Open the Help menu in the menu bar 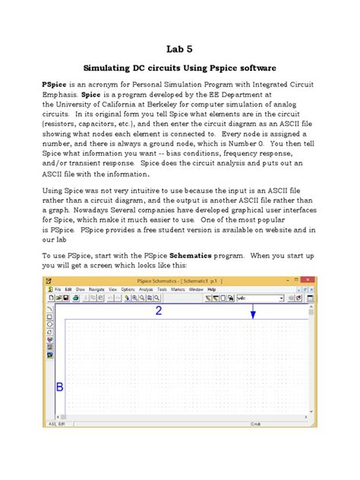tap(212, 289)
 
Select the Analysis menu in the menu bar tap(145, 289)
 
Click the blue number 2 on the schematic tap(180, 311)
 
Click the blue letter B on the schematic tap(60, 388)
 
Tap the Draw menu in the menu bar tap(79, 289)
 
